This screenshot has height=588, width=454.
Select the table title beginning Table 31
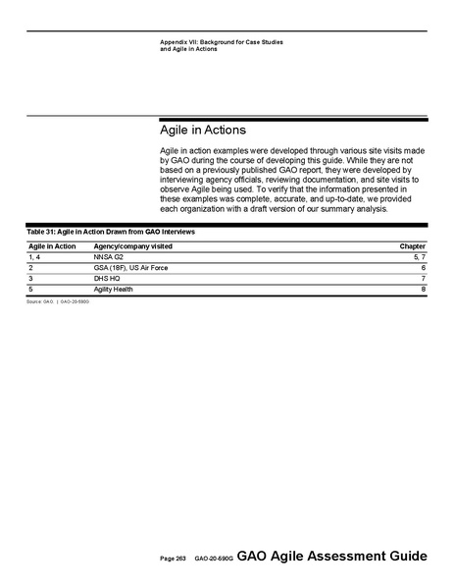click(111, 232)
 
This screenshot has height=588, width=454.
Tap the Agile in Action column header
click(52, 245)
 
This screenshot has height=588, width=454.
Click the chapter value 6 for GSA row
click(423, 267)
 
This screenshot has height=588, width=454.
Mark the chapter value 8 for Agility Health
click(423, 290)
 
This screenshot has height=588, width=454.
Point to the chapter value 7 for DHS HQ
click(423, 279)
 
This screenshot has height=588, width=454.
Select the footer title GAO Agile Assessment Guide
click(331, 557)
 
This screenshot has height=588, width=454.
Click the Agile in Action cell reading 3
click(31, 279)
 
